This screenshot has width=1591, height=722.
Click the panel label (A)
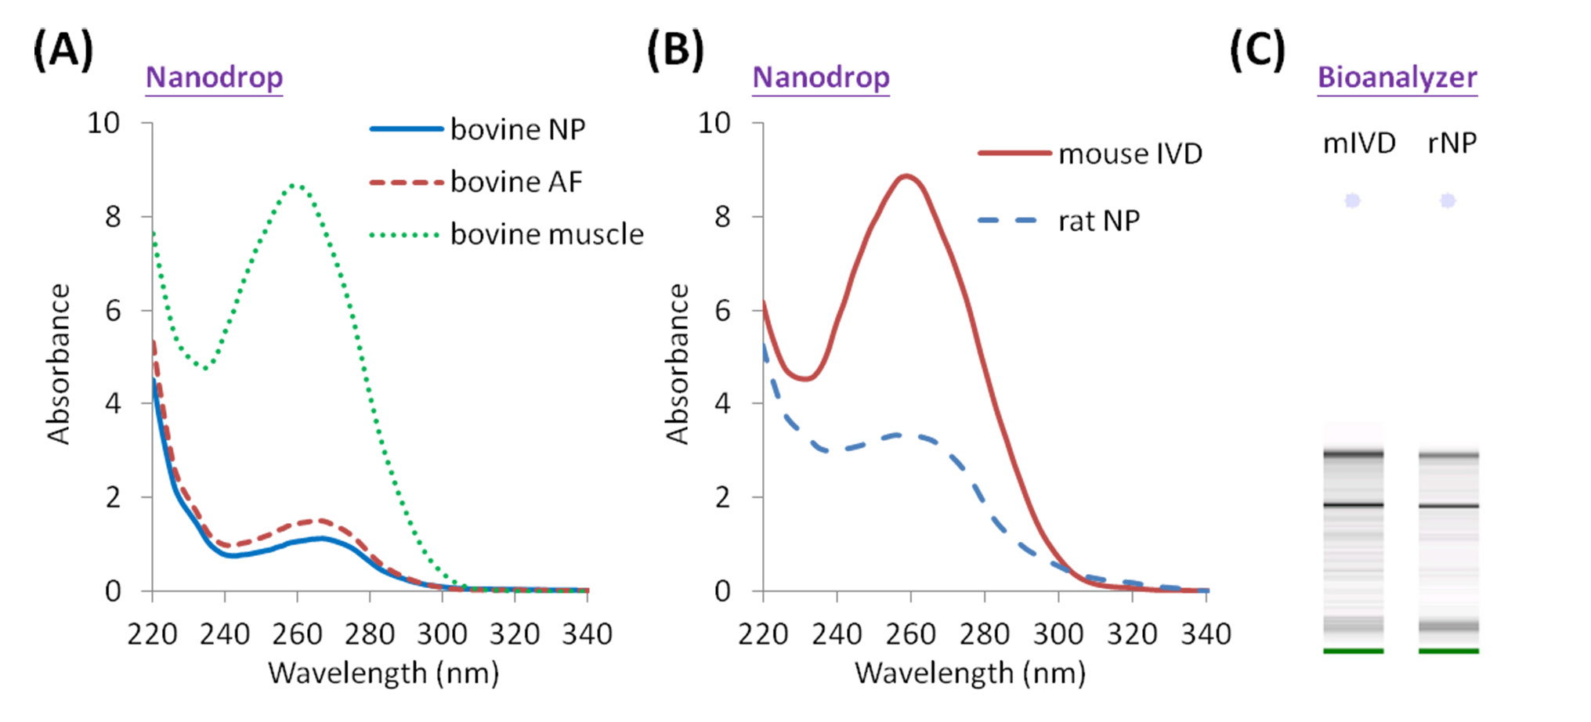pos(63,51)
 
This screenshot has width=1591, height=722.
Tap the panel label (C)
pos(1257,51)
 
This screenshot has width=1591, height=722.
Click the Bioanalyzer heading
pos(1397,78)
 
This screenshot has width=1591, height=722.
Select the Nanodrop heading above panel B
pos(821,78)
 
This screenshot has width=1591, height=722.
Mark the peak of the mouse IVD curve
pos(907,176)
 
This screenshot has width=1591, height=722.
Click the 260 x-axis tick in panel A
pos(297,634)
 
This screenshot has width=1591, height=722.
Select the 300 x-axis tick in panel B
pos(1058,634)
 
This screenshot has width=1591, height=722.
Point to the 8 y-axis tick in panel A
pos(113,217)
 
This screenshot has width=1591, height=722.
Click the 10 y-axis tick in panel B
pos(714,123)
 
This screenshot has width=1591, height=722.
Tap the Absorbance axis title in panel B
pos(677,364)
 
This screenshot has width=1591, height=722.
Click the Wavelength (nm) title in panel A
pos(383,673)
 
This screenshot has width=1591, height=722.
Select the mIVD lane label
pos(1359,143)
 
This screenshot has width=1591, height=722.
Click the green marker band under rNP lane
pos(1448,651)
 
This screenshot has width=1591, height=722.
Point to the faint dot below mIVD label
pos(1352,201)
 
